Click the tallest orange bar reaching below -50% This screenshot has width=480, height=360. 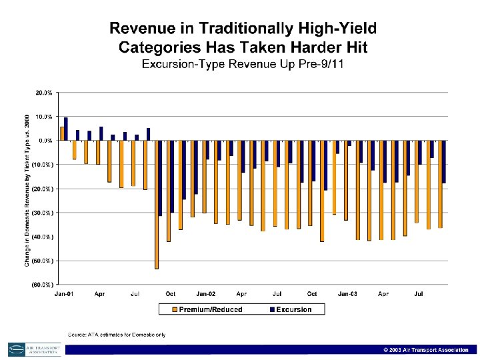[157, 204]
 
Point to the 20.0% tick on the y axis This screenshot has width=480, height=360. [44, 93]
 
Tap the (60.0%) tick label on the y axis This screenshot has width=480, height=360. [43, 285]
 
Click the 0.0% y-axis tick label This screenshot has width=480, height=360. [45, 141]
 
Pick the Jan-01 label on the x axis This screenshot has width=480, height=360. [64, 293]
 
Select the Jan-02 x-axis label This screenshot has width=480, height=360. [205, 293]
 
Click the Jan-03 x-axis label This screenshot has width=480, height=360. [347, 293]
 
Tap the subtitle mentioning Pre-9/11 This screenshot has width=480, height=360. [243, 64]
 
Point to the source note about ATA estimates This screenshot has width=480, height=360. [117, 334]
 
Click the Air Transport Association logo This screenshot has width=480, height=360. [34, 349]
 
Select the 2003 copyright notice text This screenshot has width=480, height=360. [425, 350]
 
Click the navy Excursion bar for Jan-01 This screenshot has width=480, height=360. [66, 129]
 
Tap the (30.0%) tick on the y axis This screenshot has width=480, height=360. [43, 213]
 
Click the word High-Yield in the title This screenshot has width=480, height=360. [336, 29]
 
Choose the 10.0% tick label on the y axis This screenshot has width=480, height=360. [44, 117]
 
